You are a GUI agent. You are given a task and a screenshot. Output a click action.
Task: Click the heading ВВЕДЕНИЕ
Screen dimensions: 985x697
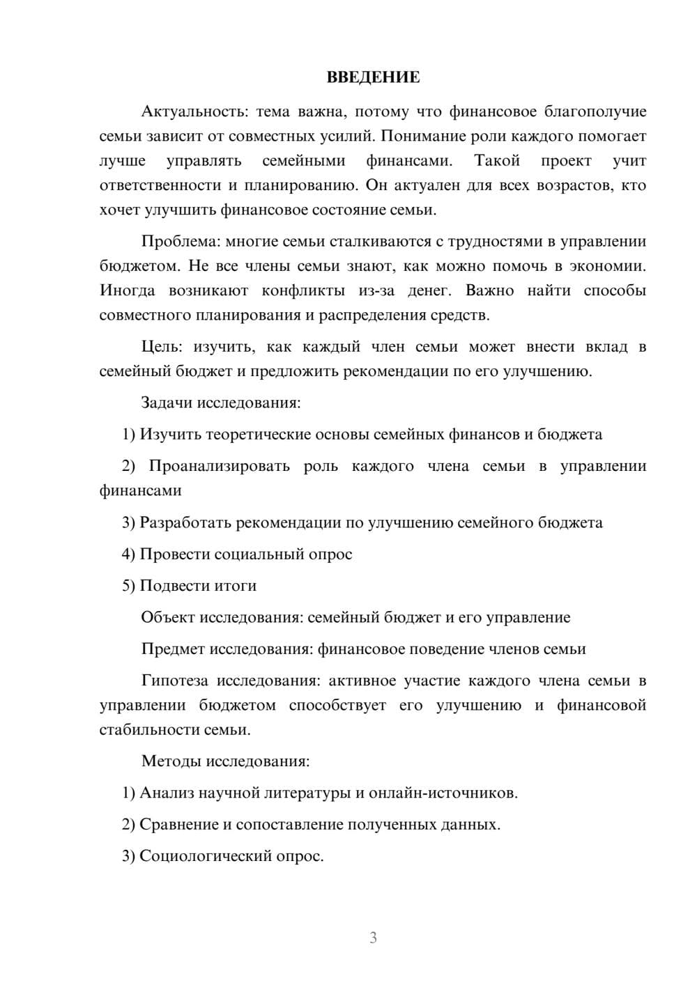coord(373,77)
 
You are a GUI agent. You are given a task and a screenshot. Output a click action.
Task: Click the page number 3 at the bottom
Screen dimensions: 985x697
coord(373,938)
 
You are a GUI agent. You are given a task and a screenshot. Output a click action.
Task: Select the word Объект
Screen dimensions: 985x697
coord(168,616)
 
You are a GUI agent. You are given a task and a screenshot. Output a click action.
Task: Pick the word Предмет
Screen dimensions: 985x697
coord(174,649)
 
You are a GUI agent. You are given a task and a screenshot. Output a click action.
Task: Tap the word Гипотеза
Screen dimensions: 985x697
coord(172,680)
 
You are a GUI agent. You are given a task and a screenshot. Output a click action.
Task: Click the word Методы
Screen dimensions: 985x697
coord(168,760)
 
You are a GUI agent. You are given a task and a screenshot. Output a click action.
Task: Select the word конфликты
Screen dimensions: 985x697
coord(302,290)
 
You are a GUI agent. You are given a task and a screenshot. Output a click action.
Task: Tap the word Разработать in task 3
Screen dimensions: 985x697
coord(185,522)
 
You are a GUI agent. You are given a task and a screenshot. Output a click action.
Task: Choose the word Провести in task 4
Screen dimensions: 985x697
coord(175,554)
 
